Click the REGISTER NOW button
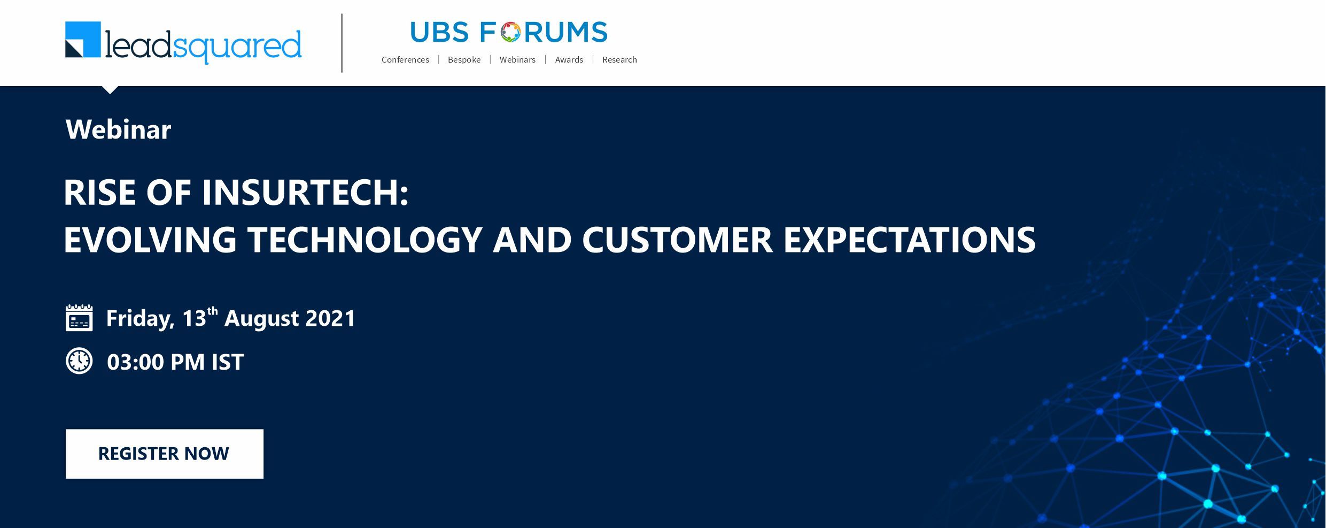pyautogui.click(x=165, y=454)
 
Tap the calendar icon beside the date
pyautogui.click(x=79, y=318)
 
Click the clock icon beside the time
pyautogui.click(x=79, y=361)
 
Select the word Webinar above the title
pyautogui.click(x=119, y=129)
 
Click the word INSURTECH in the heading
pyautogui.click(x=305, y=193)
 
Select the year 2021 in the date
pyautogui.click(x=330, y=318)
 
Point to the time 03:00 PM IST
pyautogui.click(x=175, y=362)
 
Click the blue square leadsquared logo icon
pyautogui.click(x=83, y=40)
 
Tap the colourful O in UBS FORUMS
pyautogui.click(x=510, y=32)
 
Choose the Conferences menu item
pyautogui.click(x=405, y=60)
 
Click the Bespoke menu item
pyautogui.click(x=464, y=60)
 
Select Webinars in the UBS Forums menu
pyautogui.click(x=517, y=60)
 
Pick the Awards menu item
pyautogui.click(x=569, y=60)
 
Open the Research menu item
pyautogui.click(x=619, y=60)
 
